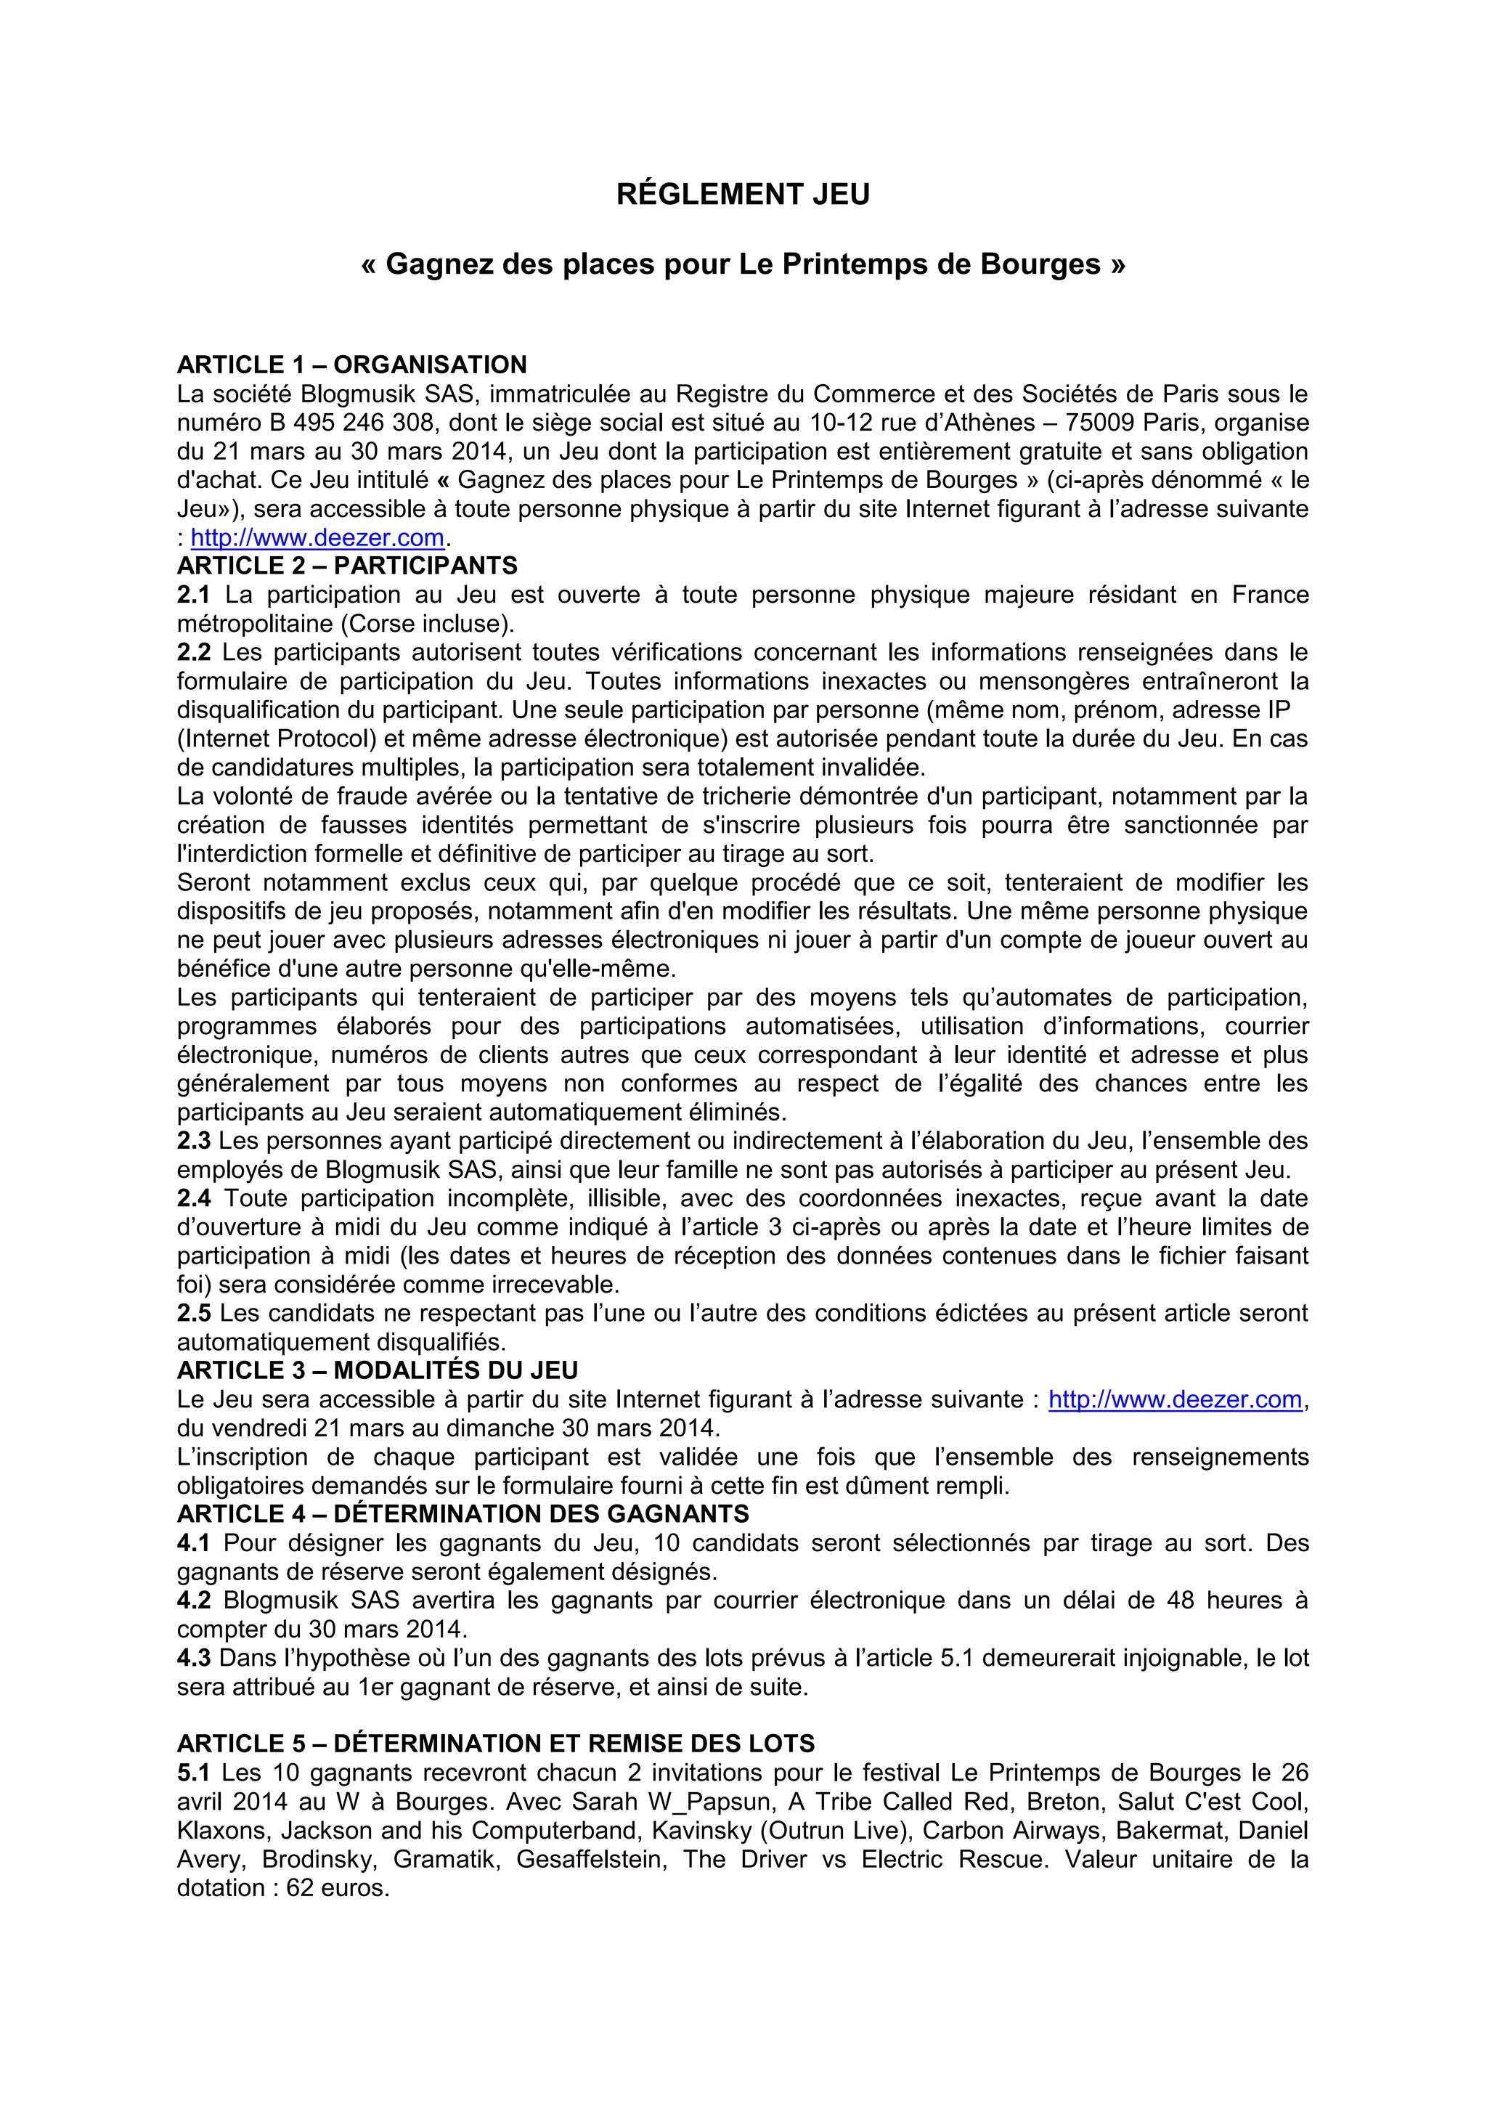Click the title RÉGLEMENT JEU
point(743,194)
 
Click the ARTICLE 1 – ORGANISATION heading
point(351,365)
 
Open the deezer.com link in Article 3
point(1175,1399)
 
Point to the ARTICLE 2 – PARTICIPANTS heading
point(347,566)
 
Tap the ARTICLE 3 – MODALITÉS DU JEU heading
point(378,1371)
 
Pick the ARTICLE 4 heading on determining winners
point(463,1514)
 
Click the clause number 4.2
point(193,1600)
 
